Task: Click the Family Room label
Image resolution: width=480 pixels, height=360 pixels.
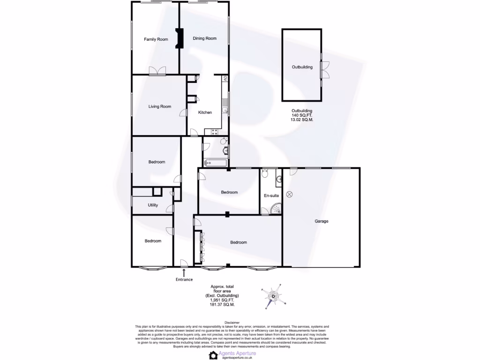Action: coord(156,39)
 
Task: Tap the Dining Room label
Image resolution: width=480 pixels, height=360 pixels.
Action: coord(205,38)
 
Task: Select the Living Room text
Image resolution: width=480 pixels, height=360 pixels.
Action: coord(160,106)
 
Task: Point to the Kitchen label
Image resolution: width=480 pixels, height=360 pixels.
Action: coord(205,112)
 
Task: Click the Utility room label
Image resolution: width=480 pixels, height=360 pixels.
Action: coord(153,205)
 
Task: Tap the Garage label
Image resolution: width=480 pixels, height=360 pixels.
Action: coord(321,221)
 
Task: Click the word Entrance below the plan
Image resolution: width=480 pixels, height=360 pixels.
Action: coord(184,280)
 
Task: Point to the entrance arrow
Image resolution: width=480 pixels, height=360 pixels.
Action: coord(184,271)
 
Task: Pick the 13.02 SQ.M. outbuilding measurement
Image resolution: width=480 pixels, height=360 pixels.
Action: coord(302,120)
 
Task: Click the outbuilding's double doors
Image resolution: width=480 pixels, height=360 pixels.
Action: coord(322,70)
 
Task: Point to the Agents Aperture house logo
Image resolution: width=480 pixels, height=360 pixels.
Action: coord(214,355)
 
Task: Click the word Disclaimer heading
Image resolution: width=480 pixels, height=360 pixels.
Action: coord(232,322)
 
